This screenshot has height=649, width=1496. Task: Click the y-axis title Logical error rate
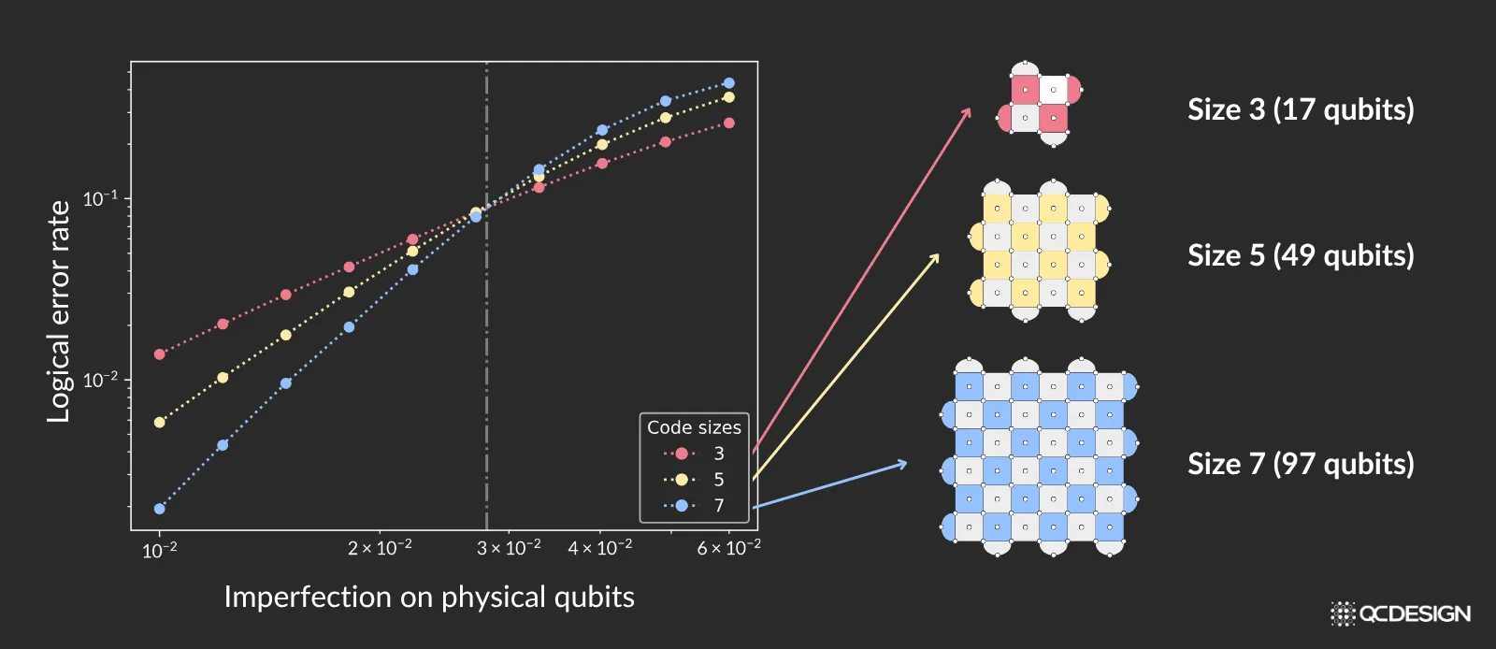pos(59,311)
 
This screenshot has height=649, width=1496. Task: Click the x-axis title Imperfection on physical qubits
pos(429,597)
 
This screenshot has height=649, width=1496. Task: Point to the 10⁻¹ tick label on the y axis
pos(100,198)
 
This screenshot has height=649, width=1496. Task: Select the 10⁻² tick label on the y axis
pos(100,380)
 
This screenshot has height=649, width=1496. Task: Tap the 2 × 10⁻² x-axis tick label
pos(380,547)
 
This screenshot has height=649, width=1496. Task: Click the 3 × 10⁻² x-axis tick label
pos(509,547)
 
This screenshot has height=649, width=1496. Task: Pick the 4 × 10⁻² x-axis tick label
pos(599,547)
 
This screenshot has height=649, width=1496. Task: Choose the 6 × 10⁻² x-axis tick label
pos(728,547)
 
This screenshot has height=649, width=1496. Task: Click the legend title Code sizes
pos(694,427)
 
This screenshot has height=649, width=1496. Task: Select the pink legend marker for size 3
pos(681,454)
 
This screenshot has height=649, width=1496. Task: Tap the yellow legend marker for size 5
pos(681,480)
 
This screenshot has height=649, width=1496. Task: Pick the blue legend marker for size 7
pos(681,506)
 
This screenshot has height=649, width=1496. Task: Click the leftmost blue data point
pos(159,509)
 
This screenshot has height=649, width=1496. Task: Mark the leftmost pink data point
pos(159,354)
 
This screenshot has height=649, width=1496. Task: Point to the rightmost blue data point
pos(729,83)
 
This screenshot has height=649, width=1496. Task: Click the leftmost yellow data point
pos(159,423)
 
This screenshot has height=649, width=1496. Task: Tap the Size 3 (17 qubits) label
pos(1301,109)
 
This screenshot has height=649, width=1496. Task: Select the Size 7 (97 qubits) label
pos(1301,464)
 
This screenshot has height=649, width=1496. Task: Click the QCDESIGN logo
pos(1401,613)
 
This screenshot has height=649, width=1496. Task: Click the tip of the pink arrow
pos(970,108)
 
